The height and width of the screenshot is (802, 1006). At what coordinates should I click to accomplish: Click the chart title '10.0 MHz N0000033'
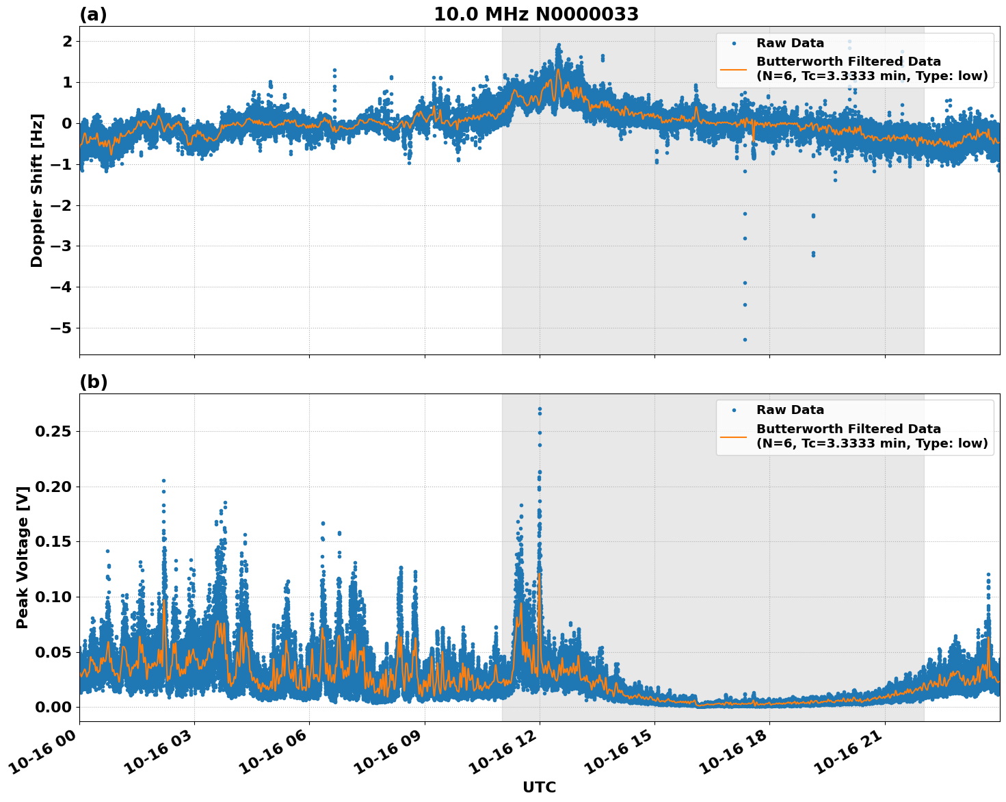(x=536, y=14)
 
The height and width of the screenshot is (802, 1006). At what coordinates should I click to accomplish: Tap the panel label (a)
(x=93, y=14)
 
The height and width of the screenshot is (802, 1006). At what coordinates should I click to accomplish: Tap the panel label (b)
(x=93, y=382)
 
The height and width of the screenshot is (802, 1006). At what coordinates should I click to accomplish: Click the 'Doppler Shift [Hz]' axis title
(x=37, y=190)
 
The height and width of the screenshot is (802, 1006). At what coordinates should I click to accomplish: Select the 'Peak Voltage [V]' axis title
(x=23, y=557)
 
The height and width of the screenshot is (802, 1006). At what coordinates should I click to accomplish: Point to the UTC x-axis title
(x=539, y=787)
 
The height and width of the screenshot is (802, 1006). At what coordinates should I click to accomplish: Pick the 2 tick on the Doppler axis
(x=66, y=42)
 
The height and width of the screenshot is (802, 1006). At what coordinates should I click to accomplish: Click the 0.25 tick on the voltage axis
(x=53, y=432)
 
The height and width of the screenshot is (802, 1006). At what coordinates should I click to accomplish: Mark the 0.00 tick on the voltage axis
(x=53, y=707)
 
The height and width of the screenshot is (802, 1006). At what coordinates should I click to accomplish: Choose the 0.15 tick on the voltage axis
(x=53, y=542)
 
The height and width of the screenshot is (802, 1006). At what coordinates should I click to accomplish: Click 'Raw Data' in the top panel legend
(x=790, y=44)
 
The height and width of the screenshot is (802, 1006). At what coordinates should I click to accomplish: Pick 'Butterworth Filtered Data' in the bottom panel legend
(x=848, y=429)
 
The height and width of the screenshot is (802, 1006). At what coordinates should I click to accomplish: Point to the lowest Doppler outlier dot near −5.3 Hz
(x=745, y=339)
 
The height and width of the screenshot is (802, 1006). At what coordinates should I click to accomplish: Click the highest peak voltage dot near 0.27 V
(x=540, y=409)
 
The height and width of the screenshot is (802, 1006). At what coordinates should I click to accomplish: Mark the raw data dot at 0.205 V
(x=163, y=480)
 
